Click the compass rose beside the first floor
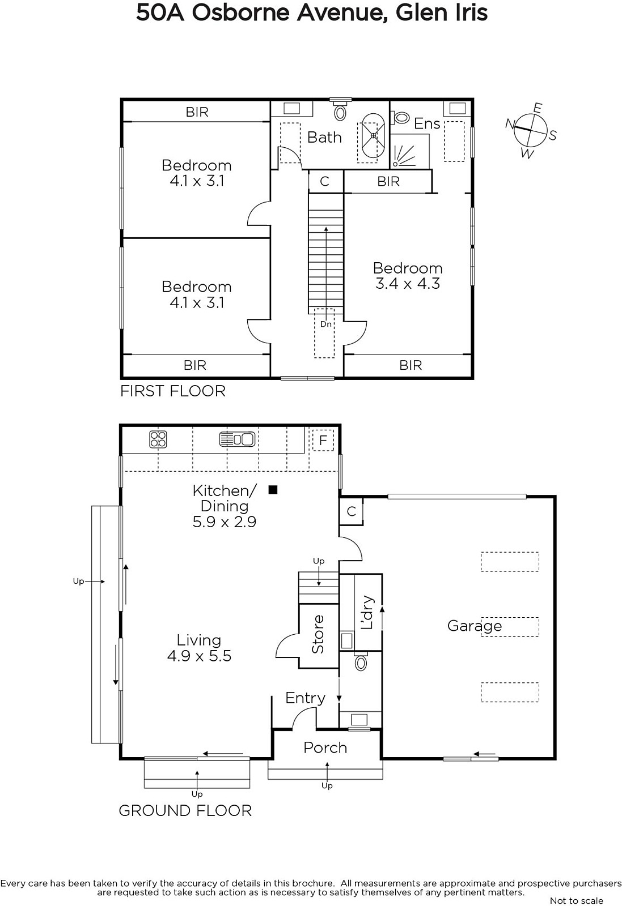[x=531, y=130]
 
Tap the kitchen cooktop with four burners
[x=158, y=439]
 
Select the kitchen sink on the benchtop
[x=238, y=439]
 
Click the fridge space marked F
[x=323, y=440]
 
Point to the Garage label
[x=475, y=626]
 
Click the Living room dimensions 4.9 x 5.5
[x=199, y=656]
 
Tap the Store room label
[x=318, y=634]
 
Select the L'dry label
[x=367, y=612]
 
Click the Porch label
[x=325, y=748]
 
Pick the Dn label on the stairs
[x=326, y=324]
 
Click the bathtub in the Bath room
[x=373, y=136]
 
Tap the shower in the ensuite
[x=409, y=151]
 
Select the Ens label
[x=427, y=123]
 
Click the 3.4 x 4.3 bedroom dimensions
[x=408, y=284]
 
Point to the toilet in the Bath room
[x=340, y=110]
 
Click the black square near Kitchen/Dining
[x=273, y=490]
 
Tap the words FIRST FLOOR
[x=173, y=391]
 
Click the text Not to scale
[x=576, y=900]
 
